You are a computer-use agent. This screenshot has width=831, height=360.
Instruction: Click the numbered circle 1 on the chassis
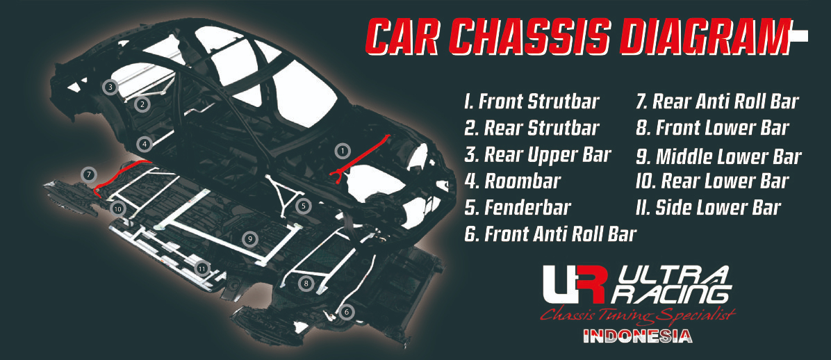343,151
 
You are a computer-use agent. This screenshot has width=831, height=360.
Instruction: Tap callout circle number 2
142,104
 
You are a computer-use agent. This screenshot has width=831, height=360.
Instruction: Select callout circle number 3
110,86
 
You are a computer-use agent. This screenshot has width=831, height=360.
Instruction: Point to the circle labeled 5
303,207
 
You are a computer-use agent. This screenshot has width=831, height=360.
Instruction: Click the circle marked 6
346,312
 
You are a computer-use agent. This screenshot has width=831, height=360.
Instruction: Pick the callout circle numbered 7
88,174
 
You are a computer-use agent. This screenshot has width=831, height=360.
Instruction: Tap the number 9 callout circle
249,239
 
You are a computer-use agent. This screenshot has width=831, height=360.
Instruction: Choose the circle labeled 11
201,269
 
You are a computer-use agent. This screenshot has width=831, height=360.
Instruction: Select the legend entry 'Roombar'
512,181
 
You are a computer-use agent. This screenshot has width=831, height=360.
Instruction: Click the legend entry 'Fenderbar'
517,207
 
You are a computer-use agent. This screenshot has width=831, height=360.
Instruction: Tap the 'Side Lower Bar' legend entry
708,208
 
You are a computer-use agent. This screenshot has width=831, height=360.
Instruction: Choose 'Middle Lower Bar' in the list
718,156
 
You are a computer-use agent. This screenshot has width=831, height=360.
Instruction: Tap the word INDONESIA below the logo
638,336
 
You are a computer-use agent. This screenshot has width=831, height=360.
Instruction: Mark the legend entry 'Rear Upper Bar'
537,155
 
